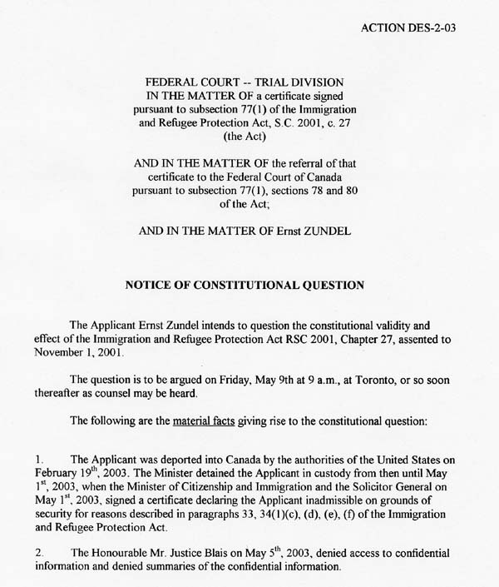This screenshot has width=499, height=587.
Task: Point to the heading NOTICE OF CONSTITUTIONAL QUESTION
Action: (x=245, y=285)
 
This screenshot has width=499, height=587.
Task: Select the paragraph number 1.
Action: (x=39, y=460)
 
